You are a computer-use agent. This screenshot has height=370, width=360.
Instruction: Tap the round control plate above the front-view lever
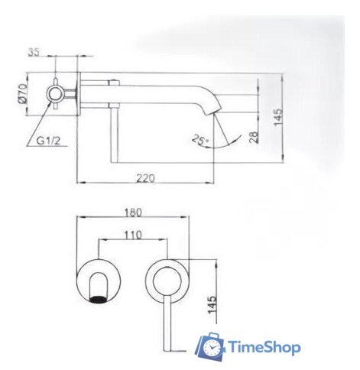[x=166, y=280]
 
